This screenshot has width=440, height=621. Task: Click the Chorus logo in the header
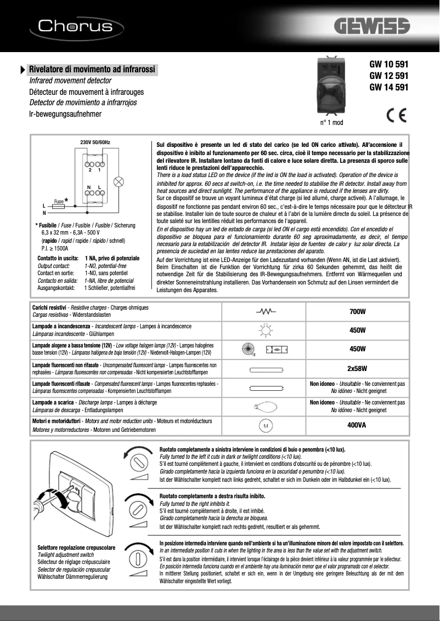76,26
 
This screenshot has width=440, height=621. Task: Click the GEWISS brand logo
380,27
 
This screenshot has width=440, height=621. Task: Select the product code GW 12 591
388,75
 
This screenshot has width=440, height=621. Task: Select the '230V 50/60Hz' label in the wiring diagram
95,143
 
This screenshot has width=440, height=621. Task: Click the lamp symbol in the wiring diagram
118,182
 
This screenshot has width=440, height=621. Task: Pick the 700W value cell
358,312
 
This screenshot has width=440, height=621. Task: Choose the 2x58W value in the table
358,368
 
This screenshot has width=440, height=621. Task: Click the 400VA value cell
358,425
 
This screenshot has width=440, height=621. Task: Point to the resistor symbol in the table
266,312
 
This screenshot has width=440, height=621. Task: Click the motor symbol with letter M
266,425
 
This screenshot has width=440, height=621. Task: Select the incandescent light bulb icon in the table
266,331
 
